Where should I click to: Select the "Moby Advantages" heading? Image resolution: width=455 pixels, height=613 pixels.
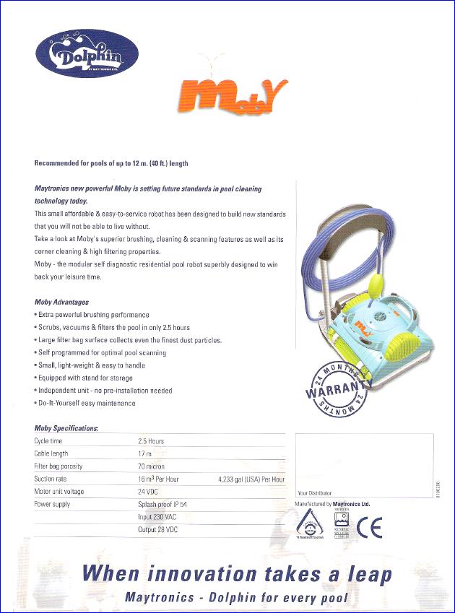tap(61, 302)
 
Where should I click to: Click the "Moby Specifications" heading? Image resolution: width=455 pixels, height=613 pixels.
tap(66, 428)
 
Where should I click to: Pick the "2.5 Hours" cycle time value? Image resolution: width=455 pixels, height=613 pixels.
tap(151, 441)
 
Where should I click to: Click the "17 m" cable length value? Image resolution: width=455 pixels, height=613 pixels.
tap(144, 453)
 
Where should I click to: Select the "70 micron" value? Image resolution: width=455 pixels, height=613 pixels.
tap(152, 466)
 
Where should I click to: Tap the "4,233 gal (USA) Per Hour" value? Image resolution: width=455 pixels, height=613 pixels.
tap(251, 479)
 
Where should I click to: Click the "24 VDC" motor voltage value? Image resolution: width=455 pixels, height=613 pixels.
tap(148, 492)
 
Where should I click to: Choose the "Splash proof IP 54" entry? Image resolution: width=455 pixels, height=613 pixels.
tap(162, 505)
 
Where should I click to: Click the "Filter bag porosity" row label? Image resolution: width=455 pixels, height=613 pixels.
tap(58, 466)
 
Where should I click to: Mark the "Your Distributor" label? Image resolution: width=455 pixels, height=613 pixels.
tap(315, 493)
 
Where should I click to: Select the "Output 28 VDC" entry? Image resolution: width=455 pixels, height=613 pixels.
tap(157, 530)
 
